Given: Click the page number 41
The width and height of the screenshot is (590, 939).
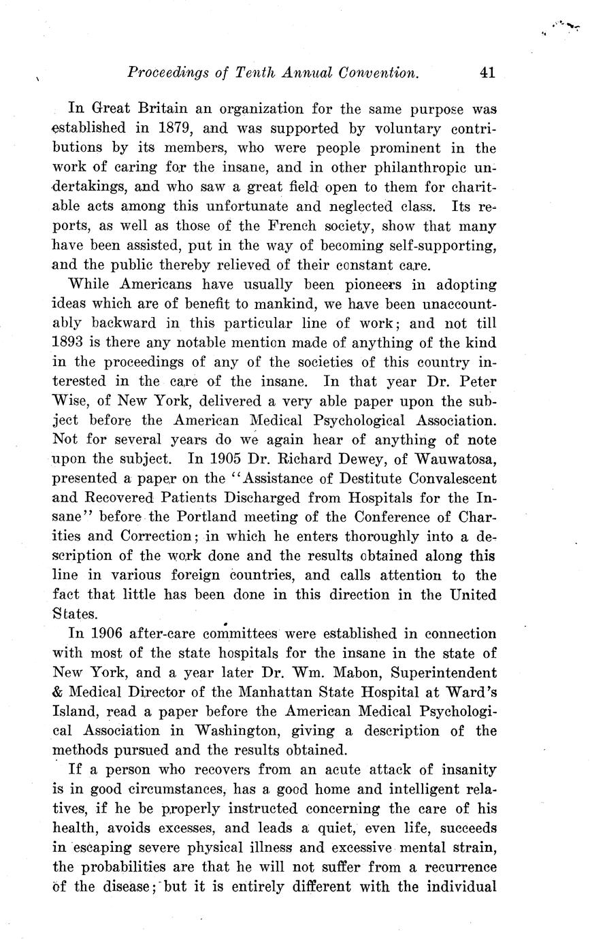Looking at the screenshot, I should (487, 73).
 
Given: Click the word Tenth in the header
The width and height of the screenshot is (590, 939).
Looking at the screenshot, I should (252, 73).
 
